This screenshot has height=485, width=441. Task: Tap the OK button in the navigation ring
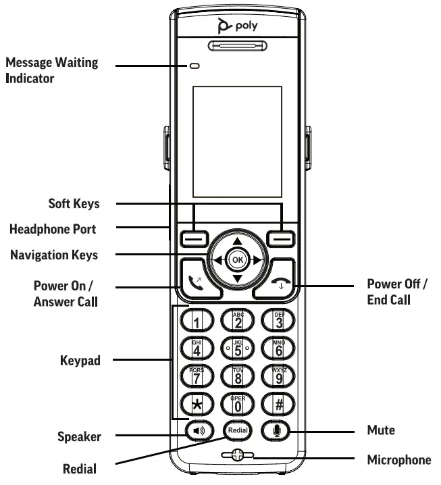click(236, 259)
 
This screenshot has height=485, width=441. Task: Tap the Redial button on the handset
click(236, 430)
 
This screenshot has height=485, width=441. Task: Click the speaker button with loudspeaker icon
click(194, 430)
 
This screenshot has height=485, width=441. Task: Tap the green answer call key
click(196, 278)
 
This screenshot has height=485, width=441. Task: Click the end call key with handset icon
click(277, 279)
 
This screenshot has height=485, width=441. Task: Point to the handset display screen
click(236, 141)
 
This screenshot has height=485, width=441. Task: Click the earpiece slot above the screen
click(236, 47)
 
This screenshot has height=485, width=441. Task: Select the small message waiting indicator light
click(195, 66)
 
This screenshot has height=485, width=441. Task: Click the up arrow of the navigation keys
click(236, 241)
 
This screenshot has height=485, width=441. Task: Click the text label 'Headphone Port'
click(53, 229)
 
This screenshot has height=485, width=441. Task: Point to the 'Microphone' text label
click(398, 460)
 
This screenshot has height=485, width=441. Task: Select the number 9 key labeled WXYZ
click(278, 376)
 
